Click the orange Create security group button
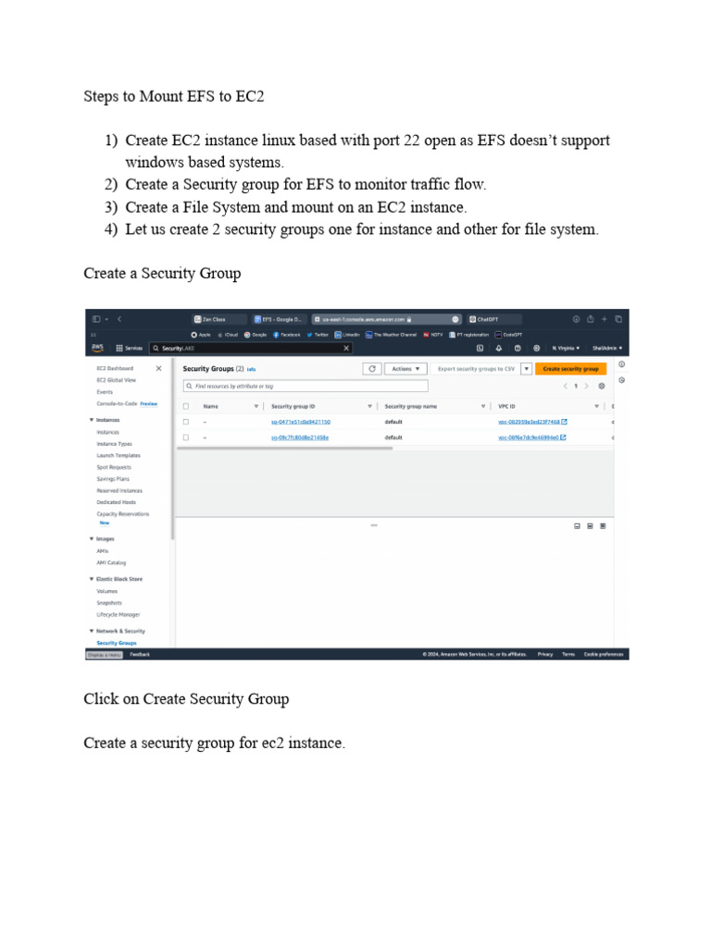(x=570, y=368)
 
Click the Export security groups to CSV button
(x=478, y=368)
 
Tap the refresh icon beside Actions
(x=371, y=368)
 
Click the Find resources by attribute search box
(x=305, y=386)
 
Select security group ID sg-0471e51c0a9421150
(x=300, y=422)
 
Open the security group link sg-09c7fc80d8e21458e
(x=299, y=437)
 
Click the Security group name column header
(x=410, y=406)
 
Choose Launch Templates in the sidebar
(x=118, y=456)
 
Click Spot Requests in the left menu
(x=114, y=467)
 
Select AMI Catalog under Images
(x=111, y=562)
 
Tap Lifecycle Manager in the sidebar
(x=118, y=614)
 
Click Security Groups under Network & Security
(x=117, y=642)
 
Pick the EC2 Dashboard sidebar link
(x=115, y=368)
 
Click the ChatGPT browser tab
(x=490, y=319)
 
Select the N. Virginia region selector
(x=566, y=349)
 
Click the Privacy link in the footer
(x=545, y=654)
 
